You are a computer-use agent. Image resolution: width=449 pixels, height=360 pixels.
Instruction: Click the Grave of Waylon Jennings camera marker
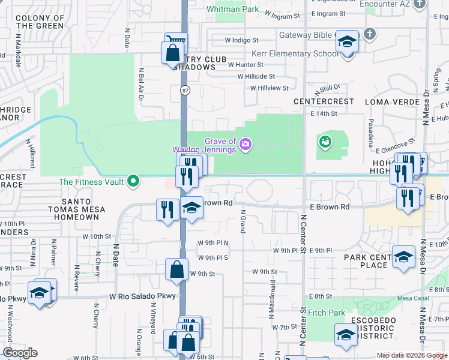coord(245,143)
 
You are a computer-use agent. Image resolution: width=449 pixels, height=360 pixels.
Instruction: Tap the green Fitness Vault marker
coord(134,181)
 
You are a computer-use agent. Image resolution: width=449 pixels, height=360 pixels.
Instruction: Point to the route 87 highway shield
coord(185,89)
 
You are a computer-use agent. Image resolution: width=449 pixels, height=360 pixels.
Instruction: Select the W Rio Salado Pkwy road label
coord(142,296)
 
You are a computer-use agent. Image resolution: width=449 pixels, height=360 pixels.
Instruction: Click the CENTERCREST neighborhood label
coord(324,101)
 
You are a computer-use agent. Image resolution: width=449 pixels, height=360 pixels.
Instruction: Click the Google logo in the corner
coord(20,352)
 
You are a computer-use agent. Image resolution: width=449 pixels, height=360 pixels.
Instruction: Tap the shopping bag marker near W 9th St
coord(178,270)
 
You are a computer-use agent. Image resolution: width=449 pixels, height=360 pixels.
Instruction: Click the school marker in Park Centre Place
coord(404,256)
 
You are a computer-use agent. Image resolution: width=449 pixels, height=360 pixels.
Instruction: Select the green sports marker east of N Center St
coord(325,142)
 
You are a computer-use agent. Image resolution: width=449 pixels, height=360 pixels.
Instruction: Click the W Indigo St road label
coord(241,41)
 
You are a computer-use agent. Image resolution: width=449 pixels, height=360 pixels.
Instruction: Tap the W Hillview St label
coord(270,88)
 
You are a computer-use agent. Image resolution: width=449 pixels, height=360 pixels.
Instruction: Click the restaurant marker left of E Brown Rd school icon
coord(166,209)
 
